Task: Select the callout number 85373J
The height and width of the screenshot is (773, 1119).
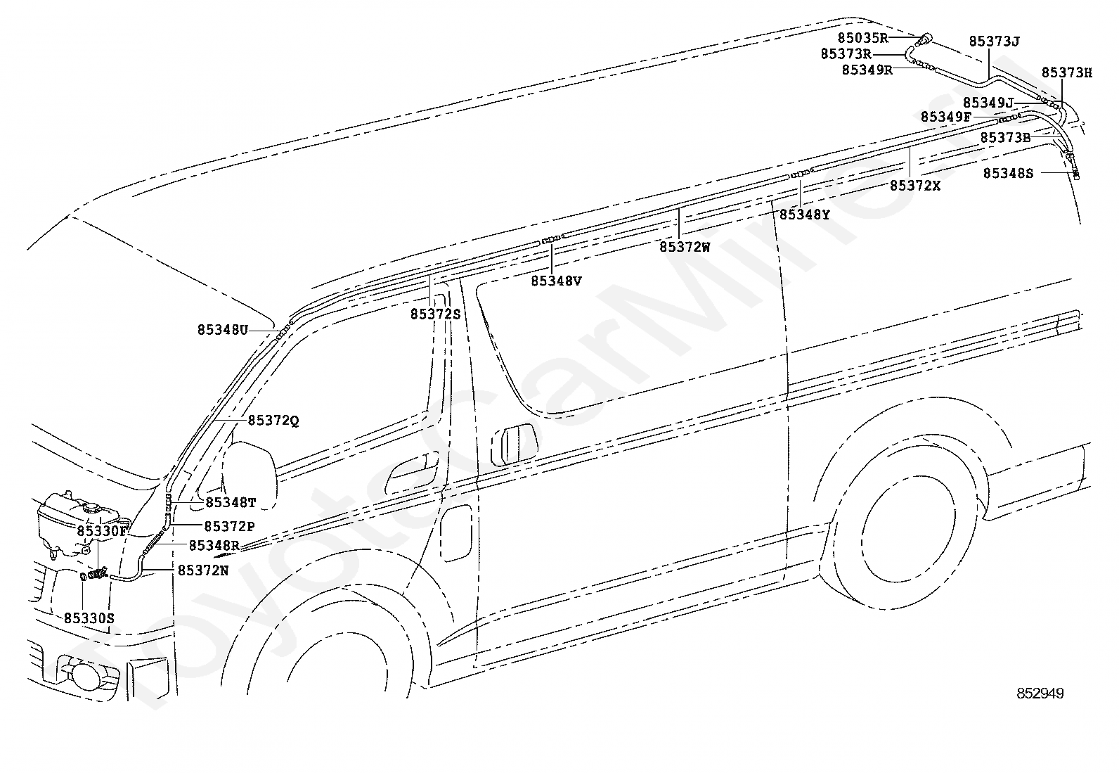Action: pyautogui.click(x=994, y=41)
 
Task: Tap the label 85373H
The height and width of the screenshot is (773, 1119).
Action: pyautogui.click(x=1066, y=72)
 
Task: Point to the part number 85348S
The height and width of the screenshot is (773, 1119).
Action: pyautogui.click(x=1008, y=173)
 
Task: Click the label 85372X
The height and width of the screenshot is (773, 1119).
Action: pyautogui.click(x=914, y=186)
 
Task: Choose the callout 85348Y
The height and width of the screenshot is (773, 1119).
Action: pyautogui.click(x=804, y=215)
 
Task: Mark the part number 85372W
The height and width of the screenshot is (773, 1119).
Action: pyautogui.click(x=685, y=248)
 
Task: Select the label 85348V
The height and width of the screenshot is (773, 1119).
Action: pyautogui.click(x=556, y=281)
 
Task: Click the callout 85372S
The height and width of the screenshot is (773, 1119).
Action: pyautogui.click(x=435, y=314)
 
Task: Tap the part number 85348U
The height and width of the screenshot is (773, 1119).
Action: pyautogui.click(x=222, y=329)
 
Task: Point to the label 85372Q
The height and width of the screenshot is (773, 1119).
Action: pyautogui.click(x=273, y=421)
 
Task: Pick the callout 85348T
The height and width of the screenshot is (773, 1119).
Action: pyautogui.click(x=231, y=503)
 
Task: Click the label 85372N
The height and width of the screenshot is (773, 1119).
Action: pyautogui.click(x=202, y=571)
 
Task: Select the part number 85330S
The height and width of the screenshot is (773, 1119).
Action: pyautogui.click(x=89, y=618)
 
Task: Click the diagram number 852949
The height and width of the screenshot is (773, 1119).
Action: pyautogui.click(x=1040, y=694)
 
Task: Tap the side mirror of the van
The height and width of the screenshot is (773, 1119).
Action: pyautogui.click(x=250, y=475)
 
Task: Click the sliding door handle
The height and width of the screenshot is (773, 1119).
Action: pyautogui.click(x=513, y=445)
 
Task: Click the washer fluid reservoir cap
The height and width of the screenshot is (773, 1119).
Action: pyautogui.click(x=90, y=507)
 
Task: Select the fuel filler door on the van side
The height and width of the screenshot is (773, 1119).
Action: pyautogui.click(x=455, y=532)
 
